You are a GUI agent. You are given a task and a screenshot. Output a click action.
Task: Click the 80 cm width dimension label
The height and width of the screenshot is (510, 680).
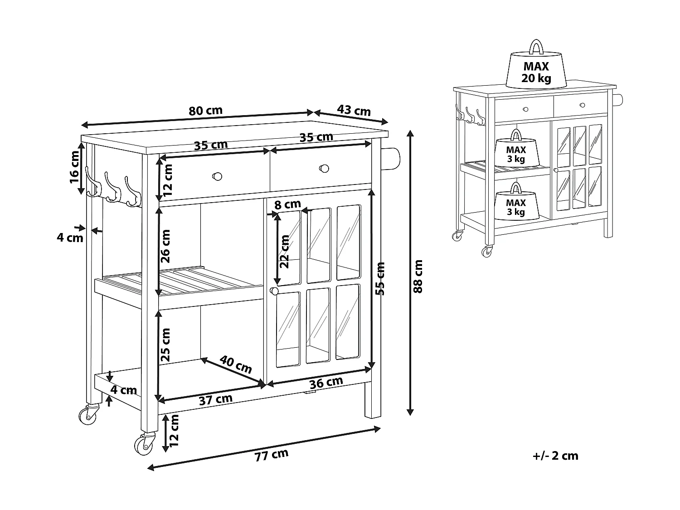(205, 111)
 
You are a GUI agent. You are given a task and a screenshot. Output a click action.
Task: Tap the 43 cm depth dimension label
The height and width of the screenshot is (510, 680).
(354, 110)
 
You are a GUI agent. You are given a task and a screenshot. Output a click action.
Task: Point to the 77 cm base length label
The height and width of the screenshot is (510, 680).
(271, 455)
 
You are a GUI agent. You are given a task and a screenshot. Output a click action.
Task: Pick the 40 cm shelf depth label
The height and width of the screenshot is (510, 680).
(236, 364)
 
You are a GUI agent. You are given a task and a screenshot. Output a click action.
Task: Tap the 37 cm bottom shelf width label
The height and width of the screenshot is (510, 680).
(215, 399)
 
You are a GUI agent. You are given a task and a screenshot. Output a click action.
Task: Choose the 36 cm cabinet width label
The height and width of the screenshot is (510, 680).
(325, 383)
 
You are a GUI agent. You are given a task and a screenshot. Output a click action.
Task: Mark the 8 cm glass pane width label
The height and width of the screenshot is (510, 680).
(288, 204)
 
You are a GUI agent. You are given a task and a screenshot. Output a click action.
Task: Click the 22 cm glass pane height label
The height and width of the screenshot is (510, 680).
(284, 252)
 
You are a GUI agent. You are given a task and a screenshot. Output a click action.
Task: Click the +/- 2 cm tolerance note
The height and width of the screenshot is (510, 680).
(555, 456)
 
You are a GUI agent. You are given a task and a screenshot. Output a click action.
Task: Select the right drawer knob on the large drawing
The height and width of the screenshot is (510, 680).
(324, 168)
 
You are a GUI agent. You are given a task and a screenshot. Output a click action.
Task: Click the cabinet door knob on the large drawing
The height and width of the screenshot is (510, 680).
(274, 291)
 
